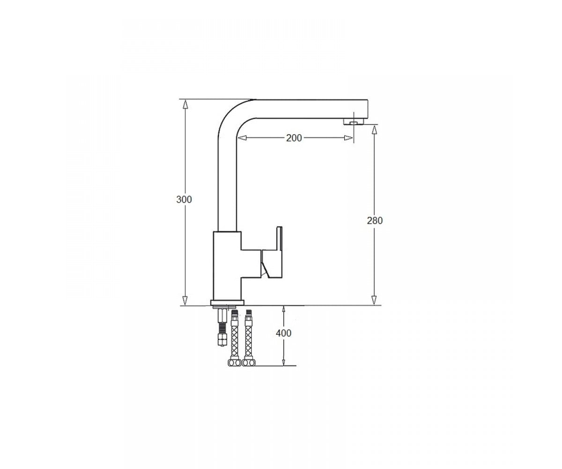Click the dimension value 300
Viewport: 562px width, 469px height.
[184, 199]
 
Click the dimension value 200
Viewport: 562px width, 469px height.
[294, 138]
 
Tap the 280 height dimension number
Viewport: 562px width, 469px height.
[375, 221]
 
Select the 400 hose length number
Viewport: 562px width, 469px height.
[283, 333]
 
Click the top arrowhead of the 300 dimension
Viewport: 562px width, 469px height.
[185, 104]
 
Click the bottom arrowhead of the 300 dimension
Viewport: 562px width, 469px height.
[185, 300]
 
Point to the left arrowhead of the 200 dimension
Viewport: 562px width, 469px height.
[242, 138]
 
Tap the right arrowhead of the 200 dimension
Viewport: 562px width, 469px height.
[348, 138]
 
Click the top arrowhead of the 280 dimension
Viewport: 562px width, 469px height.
[374, 129]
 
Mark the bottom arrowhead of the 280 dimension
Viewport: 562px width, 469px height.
[374, 300]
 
